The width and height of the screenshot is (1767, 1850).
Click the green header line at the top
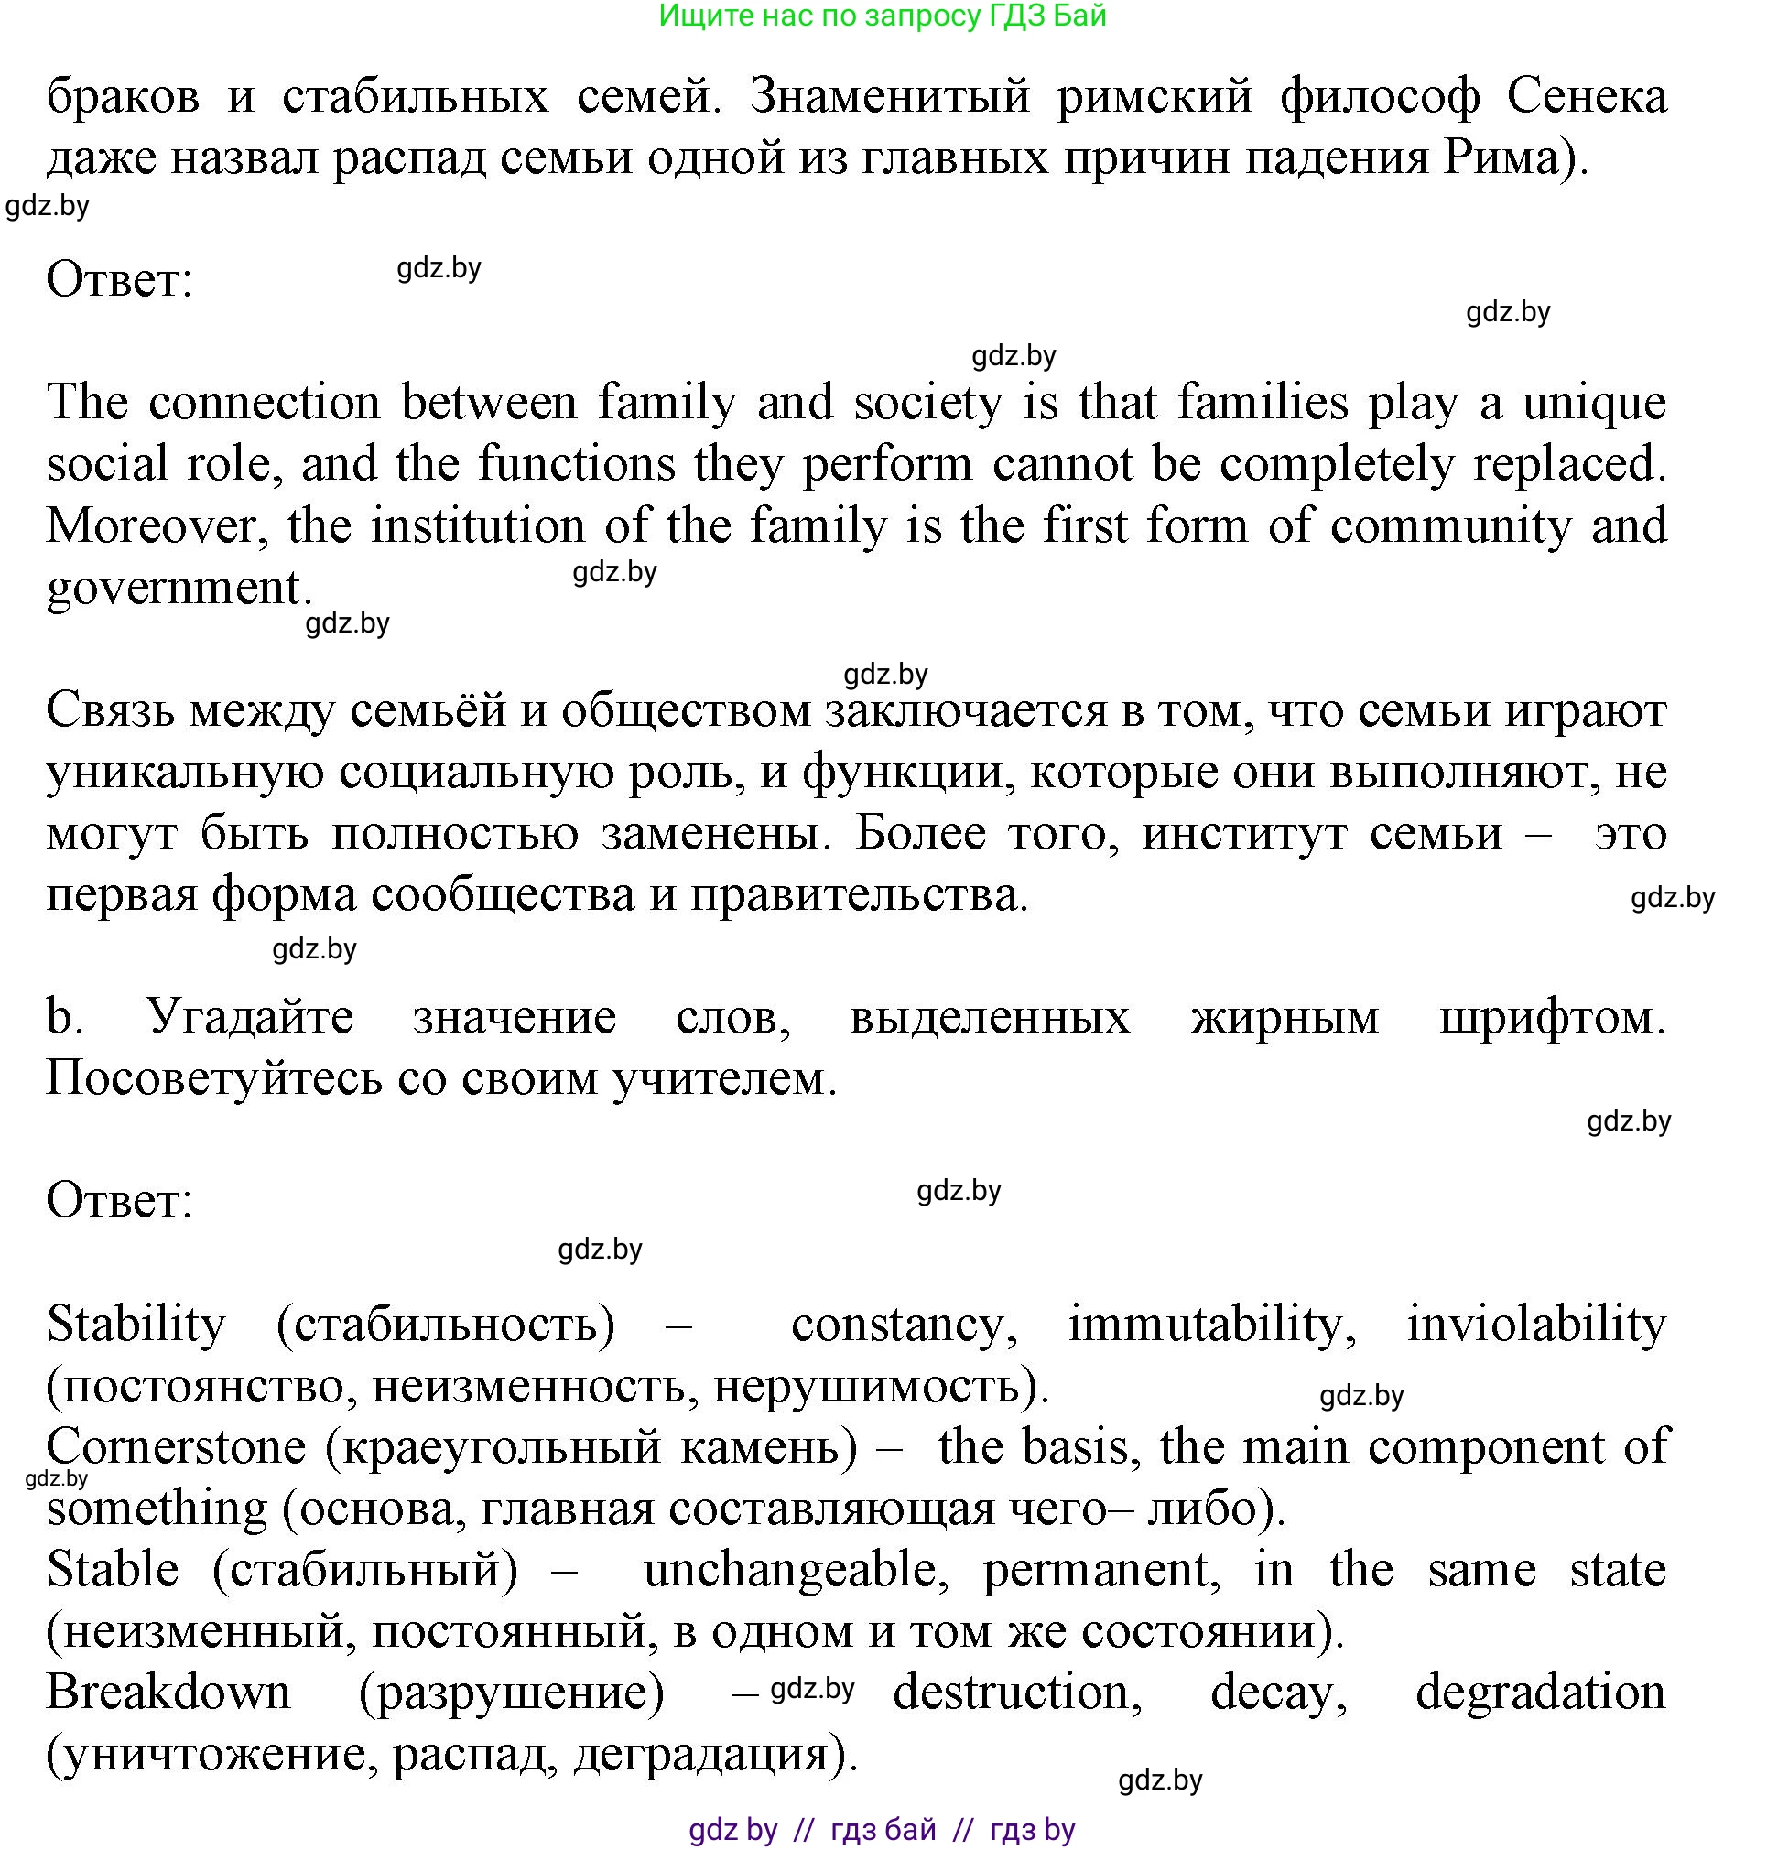[882, 16]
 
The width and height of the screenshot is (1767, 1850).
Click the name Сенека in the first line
[1586, 96]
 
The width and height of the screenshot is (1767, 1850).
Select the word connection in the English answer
[265, 402]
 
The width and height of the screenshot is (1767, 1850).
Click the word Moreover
[151, 525]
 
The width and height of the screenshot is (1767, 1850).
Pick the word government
[173, 587]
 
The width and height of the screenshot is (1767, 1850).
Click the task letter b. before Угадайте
[63, 1016]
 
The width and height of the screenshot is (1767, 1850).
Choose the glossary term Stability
[136, 1324]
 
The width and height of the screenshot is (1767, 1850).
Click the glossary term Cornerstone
[176, 1446]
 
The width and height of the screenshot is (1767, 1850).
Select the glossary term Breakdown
[168, 1692]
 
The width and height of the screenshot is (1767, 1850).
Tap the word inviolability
[1535, 1324]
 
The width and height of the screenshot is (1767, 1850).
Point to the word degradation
[1540, 1692]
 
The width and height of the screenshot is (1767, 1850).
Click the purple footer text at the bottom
[882, 1829]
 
